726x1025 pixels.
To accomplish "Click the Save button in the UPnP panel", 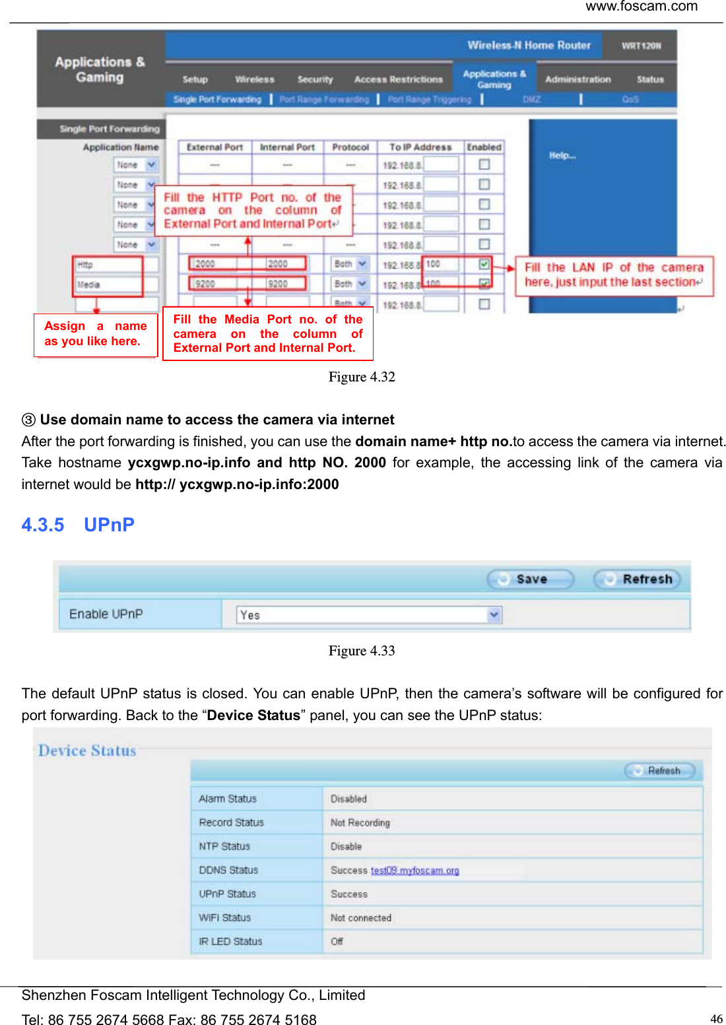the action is click(x=530, y=579).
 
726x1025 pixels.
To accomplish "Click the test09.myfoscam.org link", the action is click(x=414, y=870).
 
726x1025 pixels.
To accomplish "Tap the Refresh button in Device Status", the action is click(x=660, y=770).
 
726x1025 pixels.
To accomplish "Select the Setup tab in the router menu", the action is click(x=195, y=79).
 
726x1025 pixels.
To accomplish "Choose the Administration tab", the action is click(x=577, y=79).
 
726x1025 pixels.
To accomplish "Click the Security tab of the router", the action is click(x=315, y=79).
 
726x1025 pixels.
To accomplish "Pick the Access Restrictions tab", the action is click(x=398, y=79).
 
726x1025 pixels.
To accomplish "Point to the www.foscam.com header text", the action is click(x=641, y=7).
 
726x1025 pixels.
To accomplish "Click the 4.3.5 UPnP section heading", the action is click(x=78, y=525).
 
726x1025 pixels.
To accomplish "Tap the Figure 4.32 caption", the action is click(x=362, y=377).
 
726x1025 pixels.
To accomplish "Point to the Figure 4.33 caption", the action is click(x=362, y=651).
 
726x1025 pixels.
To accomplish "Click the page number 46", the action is click(x=716, y=1018).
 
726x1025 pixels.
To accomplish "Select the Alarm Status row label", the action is click(x=228, y=799).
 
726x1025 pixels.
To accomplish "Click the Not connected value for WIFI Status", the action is click(x=360, y=917).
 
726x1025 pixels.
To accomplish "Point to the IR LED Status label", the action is click(x=230, y=941).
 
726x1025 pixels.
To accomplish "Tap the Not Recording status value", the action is click(x=360, y=822).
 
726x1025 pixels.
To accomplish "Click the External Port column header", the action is click(x=214, y=147).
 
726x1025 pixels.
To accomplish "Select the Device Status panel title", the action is click(x=87, y=750).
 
